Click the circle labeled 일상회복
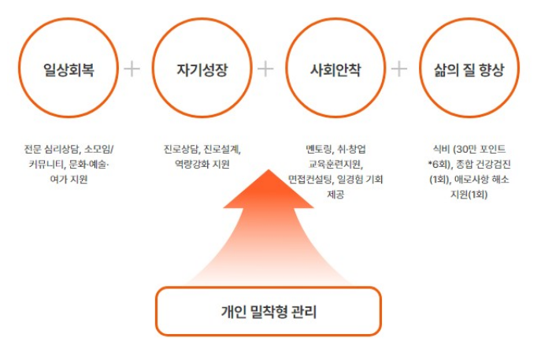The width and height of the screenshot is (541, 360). click(69, 69)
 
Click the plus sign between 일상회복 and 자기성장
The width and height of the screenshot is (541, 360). click(132, 69)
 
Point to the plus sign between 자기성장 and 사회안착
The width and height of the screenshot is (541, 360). click(266, 69)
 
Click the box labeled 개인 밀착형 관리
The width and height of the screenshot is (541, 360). click(269, 311)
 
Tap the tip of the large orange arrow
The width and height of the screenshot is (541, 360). click(269, 170)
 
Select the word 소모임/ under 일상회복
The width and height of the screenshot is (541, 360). click(98, 148)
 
